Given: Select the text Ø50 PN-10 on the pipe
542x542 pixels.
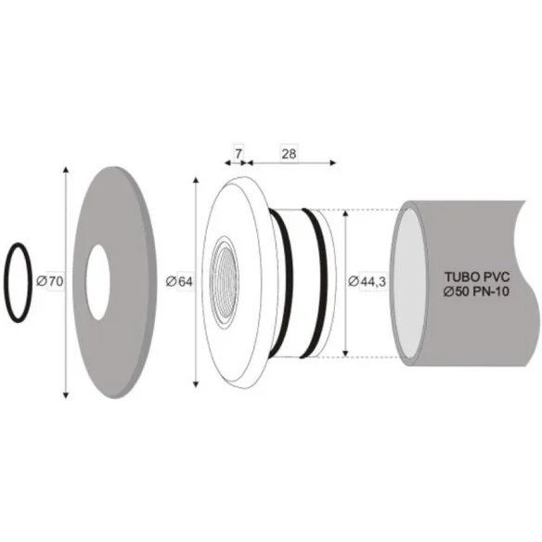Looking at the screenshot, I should pos(476,292).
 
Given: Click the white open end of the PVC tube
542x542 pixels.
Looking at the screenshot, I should pos(407,282).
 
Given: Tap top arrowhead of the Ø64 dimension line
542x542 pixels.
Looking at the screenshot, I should pos(196,179).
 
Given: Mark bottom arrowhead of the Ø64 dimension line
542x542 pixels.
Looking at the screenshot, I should pos(196,384).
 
